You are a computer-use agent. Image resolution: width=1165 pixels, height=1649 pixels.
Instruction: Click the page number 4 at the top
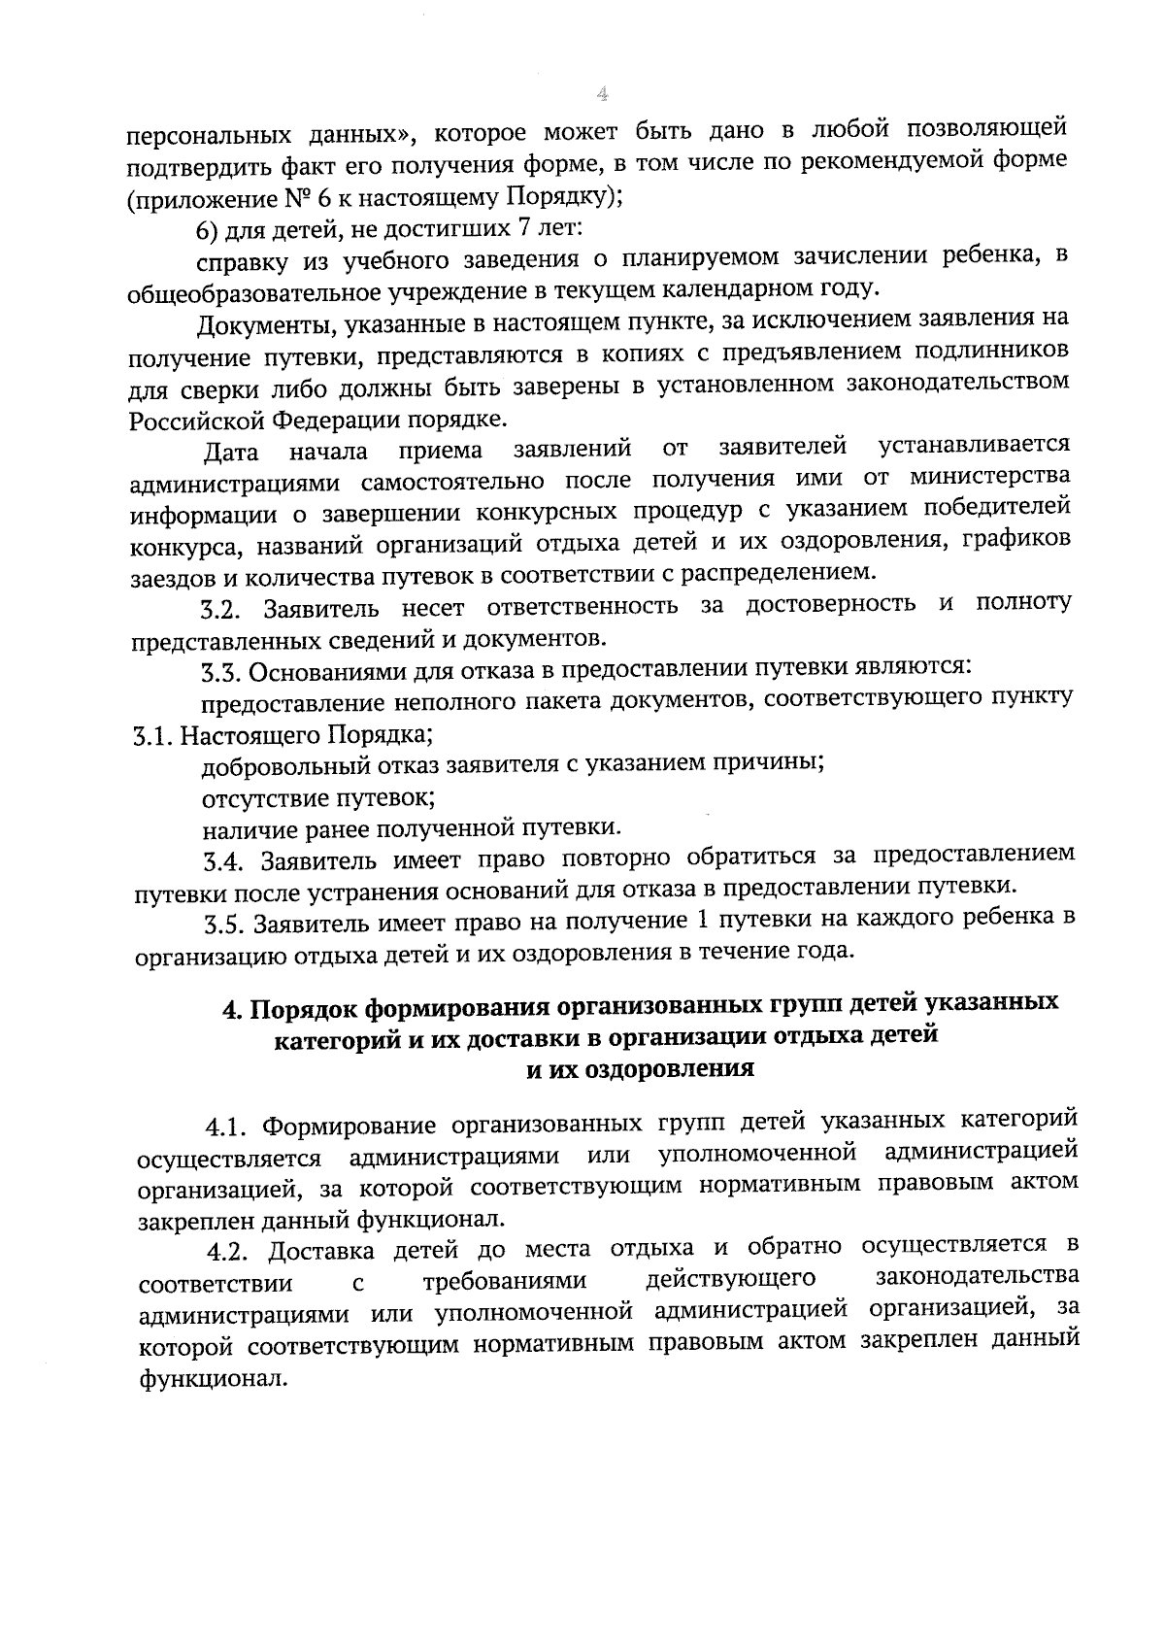click(602, 94)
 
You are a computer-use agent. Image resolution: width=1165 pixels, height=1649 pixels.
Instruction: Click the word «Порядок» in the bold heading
click(301, 1007)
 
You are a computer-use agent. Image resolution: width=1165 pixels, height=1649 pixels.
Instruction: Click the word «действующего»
click(729, 1277)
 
